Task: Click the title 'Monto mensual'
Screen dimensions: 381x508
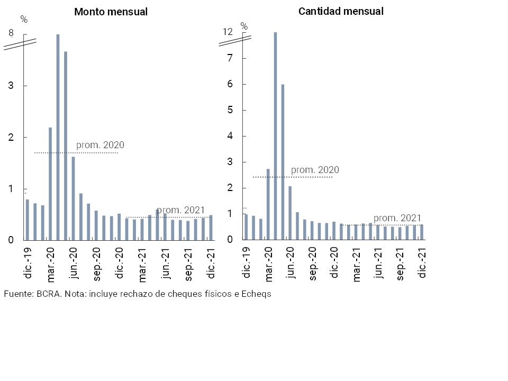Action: [x=111, y=12]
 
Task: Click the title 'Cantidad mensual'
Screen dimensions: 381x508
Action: [x=341, y=11]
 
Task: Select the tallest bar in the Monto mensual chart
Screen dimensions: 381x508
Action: [x=58, y=137]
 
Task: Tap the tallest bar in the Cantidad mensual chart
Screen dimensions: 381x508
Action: [x=275, y=135]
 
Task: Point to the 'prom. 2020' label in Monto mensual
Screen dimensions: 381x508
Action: [x=100, y=145]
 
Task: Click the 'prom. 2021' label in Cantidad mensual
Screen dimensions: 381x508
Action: [x=397, y=218]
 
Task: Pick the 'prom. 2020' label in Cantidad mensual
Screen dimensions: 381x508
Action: [x=315, y=170]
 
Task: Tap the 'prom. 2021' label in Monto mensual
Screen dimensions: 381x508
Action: [x=181, y=210]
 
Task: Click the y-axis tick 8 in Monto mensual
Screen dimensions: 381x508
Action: [x=11, y=33]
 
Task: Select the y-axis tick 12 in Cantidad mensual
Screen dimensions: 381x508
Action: [x=228, y=32]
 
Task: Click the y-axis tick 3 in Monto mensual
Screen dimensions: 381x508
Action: [x=11, y=86]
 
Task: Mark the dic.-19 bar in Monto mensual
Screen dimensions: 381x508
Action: [x=28, y=220]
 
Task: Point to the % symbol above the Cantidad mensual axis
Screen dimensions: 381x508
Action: [x=244, y=26]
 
